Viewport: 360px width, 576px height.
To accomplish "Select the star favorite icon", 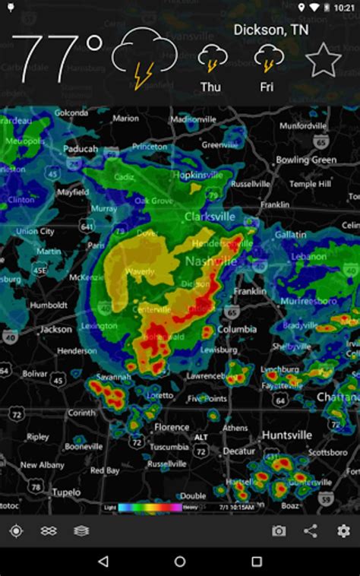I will coord(323,59).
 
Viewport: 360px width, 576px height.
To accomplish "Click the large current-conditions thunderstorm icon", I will coord(144,58).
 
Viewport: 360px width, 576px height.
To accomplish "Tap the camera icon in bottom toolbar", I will coord(279,531).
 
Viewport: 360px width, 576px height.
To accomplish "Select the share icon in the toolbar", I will coord(311,531).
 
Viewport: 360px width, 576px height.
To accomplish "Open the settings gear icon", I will coord(343,531).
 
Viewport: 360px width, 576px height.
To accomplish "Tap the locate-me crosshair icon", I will coord(16,531).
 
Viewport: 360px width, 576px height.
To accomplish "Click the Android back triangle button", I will coord(103,562).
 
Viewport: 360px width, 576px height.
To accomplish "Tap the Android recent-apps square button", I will coord(257,562).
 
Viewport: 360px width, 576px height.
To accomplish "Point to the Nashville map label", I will coord(210,261).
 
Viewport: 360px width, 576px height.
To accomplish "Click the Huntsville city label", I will coord(286,435).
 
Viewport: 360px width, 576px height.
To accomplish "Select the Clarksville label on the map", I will coord(210,217).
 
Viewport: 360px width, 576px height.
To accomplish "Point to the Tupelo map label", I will coord(66,492).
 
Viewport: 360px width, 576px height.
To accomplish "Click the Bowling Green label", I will coord(305,160).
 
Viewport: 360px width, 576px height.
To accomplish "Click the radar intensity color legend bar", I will coord(150,507).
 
